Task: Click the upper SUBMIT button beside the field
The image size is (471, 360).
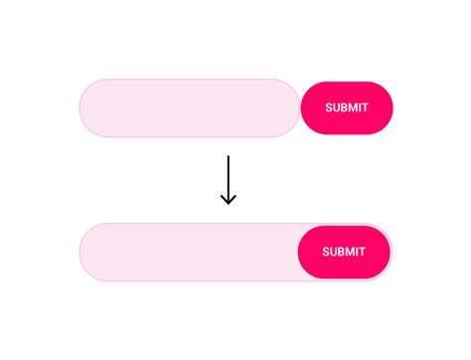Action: click(347, 107)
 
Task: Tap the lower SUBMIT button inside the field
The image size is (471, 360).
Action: click(344, 252)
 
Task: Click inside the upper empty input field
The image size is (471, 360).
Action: click(190, 107)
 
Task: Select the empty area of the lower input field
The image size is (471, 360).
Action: click(189, 252)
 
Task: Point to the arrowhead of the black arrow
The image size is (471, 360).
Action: click(229, 201)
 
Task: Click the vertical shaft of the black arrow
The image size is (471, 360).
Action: click(229, 179)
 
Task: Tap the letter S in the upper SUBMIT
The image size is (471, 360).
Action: click(329, 107)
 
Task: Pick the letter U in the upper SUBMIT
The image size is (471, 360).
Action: click(337, 107)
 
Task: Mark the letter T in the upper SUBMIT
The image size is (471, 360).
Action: click(366, 107)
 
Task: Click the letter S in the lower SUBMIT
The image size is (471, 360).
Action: click(326, 252)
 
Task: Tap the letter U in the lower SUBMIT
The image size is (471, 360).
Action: click(334, 252)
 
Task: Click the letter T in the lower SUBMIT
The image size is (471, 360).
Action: click(363, 252)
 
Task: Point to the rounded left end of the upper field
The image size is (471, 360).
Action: click(82, 107)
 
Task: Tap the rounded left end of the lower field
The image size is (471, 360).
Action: click(82, 252)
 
